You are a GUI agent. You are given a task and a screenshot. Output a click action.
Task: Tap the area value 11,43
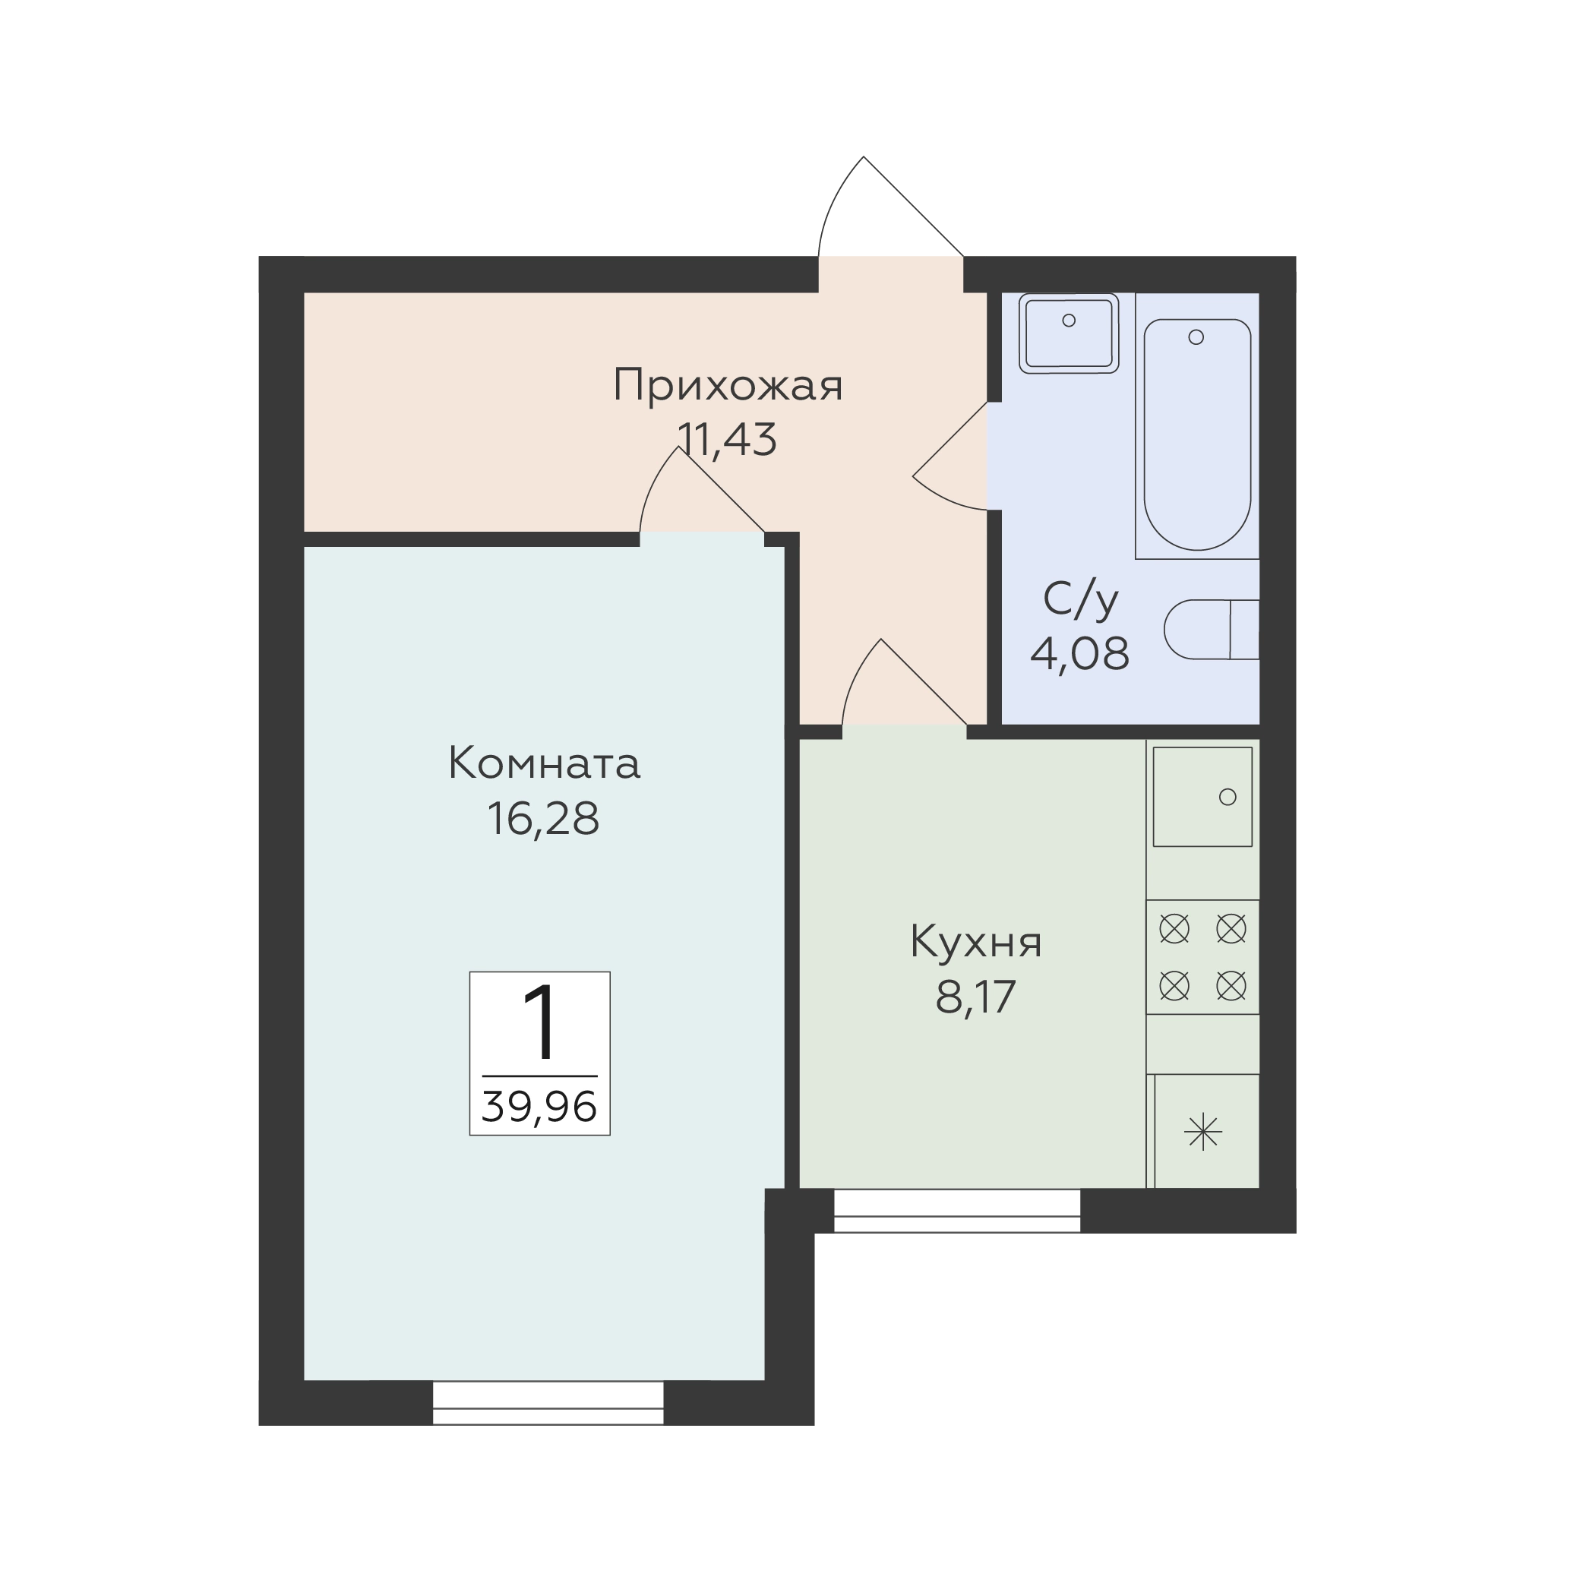point(728,440)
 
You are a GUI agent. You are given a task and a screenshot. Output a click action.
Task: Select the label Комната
point(544,763)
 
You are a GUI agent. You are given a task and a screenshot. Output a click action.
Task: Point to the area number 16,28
point(544,820)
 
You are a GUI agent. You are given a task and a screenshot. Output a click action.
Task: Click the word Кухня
point(976,944)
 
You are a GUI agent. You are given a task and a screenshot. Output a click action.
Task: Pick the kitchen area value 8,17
point(976,997)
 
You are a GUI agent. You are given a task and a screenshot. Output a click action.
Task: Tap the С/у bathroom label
point(1081,601)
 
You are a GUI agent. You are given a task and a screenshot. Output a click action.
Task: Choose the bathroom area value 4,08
point(1080,654)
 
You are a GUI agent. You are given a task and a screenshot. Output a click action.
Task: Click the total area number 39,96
point(539,1107)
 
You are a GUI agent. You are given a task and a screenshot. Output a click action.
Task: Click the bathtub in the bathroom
point(1197,434)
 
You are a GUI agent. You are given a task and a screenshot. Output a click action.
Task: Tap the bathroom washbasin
point(1070,333)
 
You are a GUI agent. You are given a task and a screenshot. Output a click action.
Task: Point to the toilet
point(1212,629)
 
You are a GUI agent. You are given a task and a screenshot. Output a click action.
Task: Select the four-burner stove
point(1202,957)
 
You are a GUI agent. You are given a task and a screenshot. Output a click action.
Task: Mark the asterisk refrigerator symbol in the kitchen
point(1202,1133)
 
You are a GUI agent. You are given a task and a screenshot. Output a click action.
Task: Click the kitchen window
point(957,1211)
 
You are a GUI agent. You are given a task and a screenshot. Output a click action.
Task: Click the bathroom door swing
point(950,457)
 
